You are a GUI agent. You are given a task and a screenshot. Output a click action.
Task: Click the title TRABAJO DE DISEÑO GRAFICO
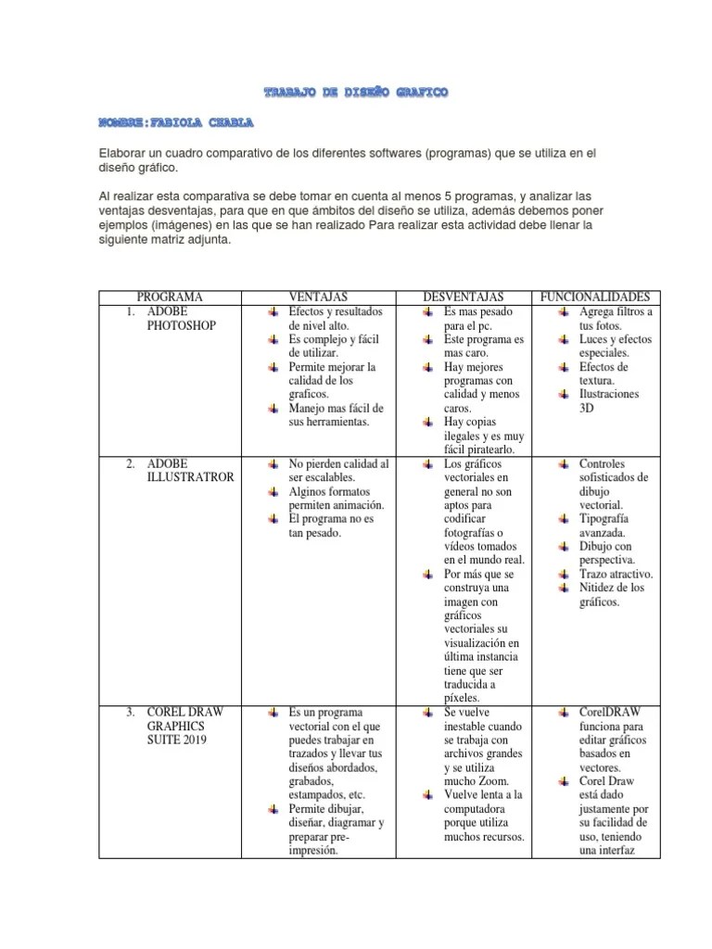[x=356, y=93]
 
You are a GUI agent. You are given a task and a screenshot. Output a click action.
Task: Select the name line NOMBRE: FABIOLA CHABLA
[x=175, y=122]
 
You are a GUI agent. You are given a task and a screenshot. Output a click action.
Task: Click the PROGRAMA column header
[x=170, y=297]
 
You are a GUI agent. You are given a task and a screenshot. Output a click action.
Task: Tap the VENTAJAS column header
[x=321, y=297]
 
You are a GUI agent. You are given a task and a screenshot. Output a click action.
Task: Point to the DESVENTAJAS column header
[x=463, y=297]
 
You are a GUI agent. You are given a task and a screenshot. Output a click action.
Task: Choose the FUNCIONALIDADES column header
[x=595, y=297]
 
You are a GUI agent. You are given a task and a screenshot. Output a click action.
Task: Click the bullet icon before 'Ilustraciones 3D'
[x=565, y=394]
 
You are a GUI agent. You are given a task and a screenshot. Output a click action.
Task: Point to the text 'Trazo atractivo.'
[x=616, y=574]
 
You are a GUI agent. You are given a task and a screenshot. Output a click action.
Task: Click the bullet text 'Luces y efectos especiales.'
[x=615, y=346]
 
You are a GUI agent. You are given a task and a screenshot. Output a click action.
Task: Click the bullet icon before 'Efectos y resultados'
[x=273, y=311]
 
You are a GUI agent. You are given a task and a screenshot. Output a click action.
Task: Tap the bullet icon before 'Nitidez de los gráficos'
[x=565, y=588]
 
